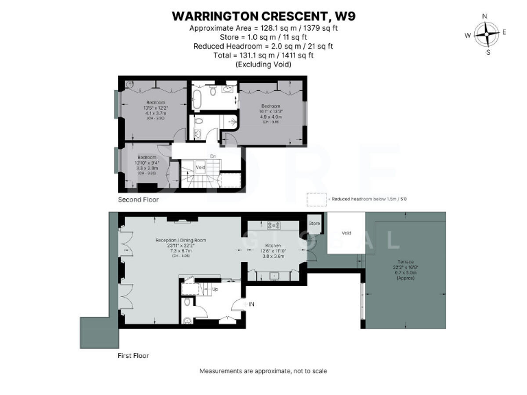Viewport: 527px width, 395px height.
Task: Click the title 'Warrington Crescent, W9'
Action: [x=263, y=14]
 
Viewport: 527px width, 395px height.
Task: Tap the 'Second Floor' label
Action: [x=139, y=200]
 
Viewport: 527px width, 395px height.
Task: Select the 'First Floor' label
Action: [x=134, y=356]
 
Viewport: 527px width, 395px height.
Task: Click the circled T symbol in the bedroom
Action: [x=130, y=84]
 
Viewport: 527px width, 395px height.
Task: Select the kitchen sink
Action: [x=274, y=276]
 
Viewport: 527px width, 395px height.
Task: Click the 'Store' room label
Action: [x=314, y=224]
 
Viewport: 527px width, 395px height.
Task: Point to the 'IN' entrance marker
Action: [x=251, y=304]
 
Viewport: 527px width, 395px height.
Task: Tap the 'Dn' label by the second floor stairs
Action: [x=213, y=156]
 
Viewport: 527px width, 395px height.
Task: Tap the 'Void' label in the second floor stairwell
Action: [x=200, y=167]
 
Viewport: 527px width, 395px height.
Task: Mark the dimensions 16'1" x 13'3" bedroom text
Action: [x=270, y=111]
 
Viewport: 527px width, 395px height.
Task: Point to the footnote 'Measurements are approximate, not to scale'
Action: [x=263, y=371]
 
